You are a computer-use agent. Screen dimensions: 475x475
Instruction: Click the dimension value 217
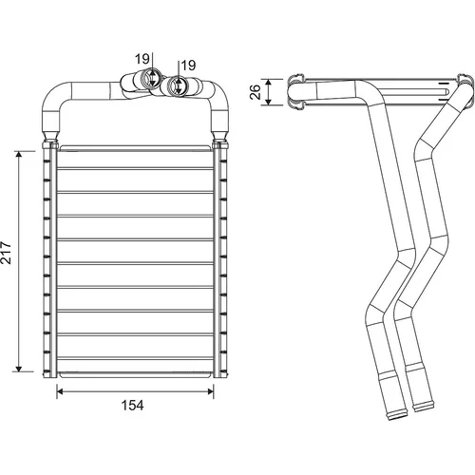pos(7,253)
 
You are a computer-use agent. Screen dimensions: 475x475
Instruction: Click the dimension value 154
pos(133,406)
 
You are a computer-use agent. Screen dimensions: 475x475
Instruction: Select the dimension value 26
pos(256,92)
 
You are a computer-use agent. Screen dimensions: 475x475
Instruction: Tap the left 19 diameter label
pos(142,59)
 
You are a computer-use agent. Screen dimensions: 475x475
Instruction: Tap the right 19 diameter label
pos(188,66)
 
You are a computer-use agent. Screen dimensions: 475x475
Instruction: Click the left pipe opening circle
pos(148,78)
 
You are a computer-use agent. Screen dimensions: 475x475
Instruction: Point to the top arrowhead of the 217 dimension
pos(19,154)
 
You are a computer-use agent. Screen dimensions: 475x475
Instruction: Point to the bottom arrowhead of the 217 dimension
pos(19,369)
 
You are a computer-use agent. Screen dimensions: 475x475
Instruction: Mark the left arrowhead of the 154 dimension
pos(60,391)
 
